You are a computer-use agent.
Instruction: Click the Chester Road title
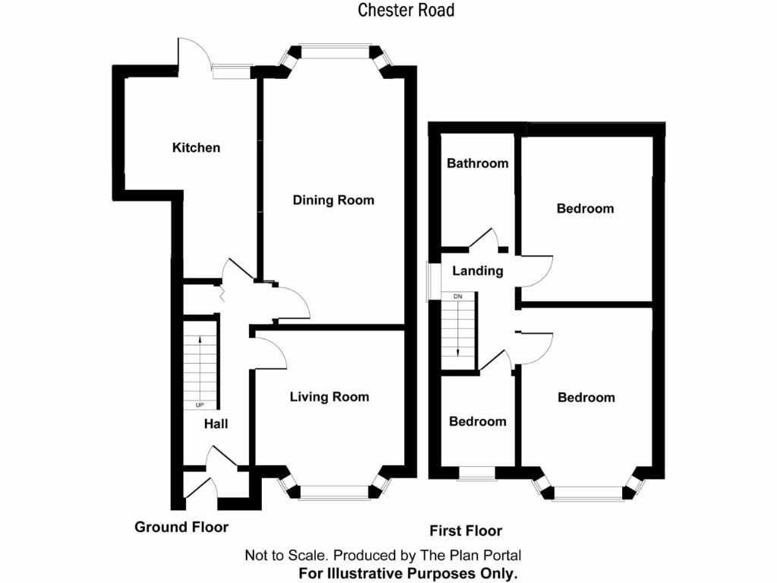(x=406, y=10)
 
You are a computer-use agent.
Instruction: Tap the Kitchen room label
(x=197, y=147)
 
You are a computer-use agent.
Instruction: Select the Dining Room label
(x=334, y=200)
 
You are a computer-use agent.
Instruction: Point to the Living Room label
(x=329, y=396)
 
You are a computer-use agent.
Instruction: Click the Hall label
(x=216, y=424)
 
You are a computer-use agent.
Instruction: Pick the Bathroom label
(x=478, y=163)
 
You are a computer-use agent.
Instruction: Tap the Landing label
(x=478, y=271)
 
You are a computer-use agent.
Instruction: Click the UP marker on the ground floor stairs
(x=200, y=405)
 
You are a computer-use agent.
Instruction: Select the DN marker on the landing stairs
(x=458, y=297)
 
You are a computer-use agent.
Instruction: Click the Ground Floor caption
(x=181, y=527)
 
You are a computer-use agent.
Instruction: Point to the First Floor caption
(x=466, y=531)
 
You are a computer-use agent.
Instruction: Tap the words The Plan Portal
(x=470, y=555)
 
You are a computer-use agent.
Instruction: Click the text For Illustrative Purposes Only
(x=407, y=574)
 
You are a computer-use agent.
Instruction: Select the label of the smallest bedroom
(x=478, y=421)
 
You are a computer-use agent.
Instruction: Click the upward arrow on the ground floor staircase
(x=200, y=366)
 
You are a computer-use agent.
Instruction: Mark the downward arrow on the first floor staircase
(x=458, y=329)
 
